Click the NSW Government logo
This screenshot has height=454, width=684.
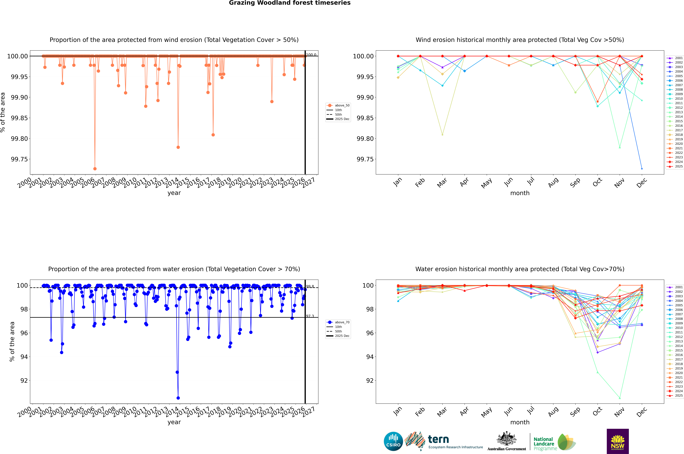tap(618, 441)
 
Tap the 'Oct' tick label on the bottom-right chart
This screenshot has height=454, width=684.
tap(597, 412)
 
